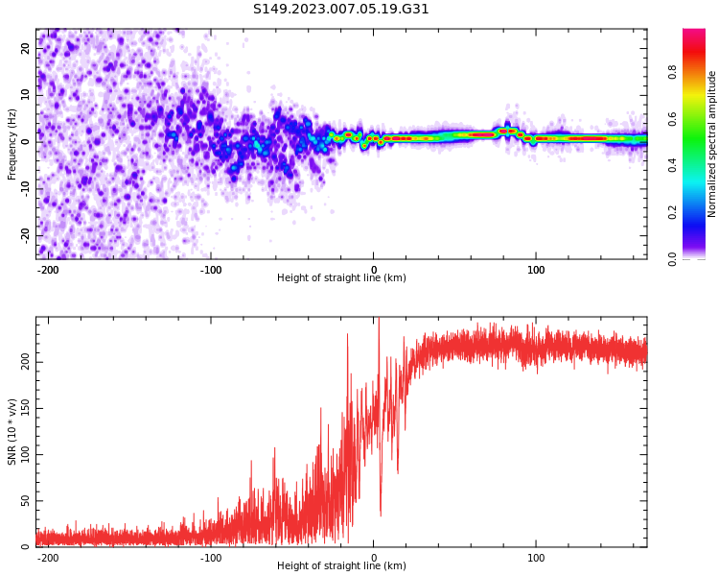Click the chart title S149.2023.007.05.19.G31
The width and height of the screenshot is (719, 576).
click(x=341, y=10)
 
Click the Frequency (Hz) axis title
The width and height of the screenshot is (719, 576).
click(x=12, y=143)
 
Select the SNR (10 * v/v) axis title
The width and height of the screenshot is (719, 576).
click(x=12, y=431)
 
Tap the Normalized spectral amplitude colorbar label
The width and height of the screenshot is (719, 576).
click(x=712, y=143)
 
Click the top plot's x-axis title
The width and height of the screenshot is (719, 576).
click(x=341, y=278)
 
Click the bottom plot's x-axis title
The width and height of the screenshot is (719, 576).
click(x=341, y=566)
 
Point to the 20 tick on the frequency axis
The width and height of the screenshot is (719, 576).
click(x=26, y=48)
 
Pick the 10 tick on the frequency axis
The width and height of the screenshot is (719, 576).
click(x=26, y=94)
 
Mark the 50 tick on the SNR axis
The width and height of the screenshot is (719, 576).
click(x=26, y=500)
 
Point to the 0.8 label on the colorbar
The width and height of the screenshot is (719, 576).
click(x=672, y=72)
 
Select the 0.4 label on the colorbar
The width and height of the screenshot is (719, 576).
click(x=672, y=165)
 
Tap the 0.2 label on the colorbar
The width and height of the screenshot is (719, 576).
click(x=672, y=211)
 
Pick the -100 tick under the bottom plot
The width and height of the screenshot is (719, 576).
click(x=211, y=558)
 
